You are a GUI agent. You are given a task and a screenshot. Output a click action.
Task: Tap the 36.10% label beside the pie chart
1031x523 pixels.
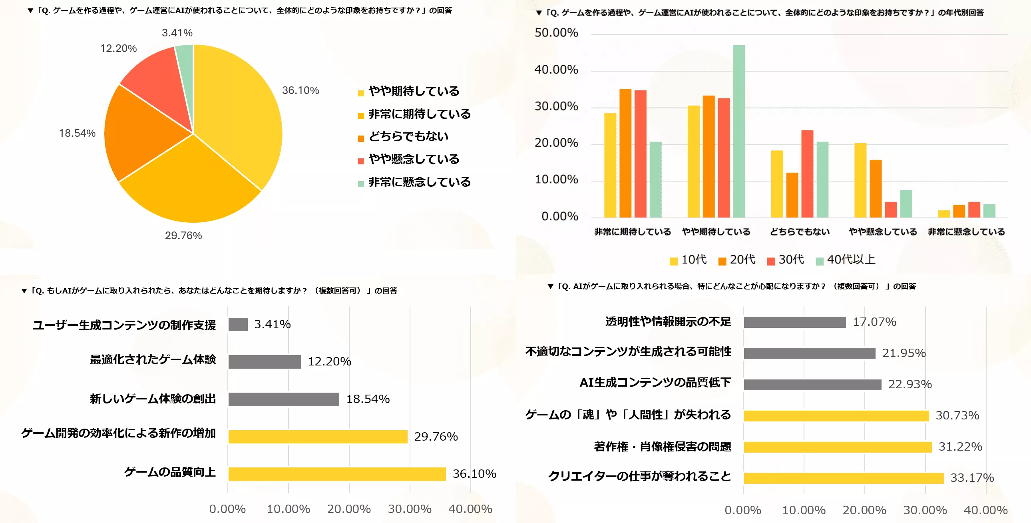point(300,90)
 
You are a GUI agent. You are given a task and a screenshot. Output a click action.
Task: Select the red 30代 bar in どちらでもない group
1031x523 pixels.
point(807,174)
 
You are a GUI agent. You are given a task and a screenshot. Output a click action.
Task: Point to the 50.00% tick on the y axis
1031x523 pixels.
point(556,33)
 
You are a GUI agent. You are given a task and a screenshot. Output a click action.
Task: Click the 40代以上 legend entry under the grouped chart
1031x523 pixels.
point(845,260)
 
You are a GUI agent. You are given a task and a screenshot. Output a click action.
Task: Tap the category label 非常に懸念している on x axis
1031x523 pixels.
point(966,232)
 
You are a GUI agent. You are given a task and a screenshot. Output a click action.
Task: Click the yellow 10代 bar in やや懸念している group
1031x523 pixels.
point(860,180)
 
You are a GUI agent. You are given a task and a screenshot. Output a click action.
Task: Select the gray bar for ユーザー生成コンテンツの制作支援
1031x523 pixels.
point(238,324)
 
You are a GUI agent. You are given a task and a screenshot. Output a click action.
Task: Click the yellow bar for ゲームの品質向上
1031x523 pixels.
point(336,474)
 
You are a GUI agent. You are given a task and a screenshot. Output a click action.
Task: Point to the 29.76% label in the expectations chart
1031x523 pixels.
point(436,437)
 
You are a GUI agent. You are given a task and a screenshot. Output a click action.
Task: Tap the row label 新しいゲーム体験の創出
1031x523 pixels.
point(153,399)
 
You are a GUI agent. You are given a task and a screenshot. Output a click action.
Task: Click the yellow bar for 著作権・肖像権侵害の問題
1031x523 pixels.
point(837,447)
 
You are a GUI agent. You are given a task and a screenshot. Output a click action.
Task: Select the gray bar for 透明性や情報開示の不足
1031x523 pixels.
point(794,322)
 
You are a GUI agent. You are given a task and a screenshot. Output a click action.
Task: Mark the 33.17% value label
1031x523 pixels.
point(972,478)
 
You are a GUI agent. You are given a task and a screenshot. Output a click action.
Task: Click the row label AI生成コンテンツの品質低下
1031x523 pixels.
point(655,382)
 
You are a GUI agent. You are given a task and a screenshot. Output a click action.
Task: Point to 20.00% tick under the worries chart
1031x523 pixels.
point(864,510)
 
